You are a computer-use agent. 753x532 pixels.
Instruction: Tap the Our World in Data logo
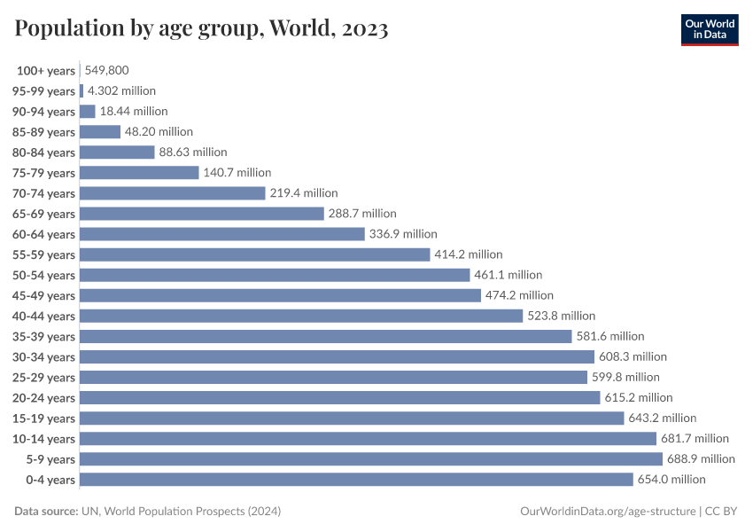tap(709, 29)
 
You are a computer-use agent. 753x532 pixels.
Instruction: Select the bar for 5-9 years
tap(371, 459)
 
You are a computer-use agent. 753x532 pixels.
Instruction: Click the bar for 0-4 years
tap(356, 480)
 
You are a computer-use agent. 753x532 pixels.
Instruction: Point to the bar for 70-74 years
tap(173, 193)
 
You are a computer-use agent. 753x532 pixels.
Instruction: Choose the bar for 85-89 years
tap(100, 132)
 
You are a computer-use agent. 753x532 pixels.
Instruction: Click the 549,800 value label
tap(113, 70)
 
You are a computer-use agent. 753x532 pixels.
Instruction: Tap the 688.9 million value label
tap(701, 459)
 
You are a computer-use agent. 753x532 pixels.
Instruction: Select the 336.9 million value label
tap(403, 234)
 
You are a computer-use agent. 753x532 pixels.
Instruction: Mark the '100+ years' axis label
tap(46, 71)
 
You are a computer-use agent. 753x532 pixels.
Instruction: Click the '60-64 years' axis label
tap(43, 235)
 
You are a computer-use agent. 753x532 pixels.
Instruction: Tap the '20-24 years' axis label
tap(43, 398)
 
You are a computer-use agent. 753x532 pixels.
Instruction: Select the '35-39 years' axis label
tap(43, 337)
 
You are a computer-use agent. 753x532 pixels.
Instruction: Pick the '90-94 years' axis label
tap(43, 112)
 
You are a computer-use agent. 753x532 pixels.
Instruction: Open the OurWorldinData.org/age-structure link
tap(608, 512)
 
